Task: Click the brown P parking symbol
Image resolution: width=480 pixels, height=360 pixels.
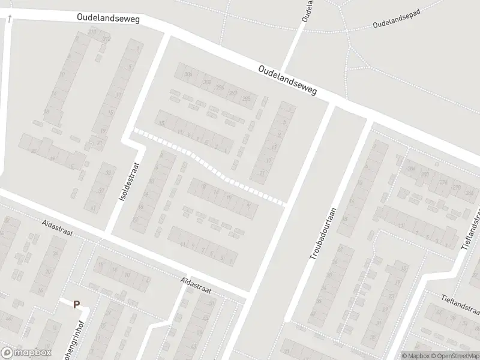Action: [x=76, y=304]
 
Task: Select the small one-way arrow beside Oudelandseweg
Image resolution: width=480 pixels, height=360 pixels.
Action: [x=10, y=19]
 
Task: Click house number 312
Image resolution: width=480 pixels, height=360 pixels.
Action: [x=107, y=39]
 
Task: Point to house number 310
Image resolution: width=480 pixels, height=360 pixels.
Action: [x=92, y=31]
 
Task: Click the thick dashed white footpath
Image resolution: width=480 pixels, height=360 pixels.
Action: [x=211, y=169]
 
